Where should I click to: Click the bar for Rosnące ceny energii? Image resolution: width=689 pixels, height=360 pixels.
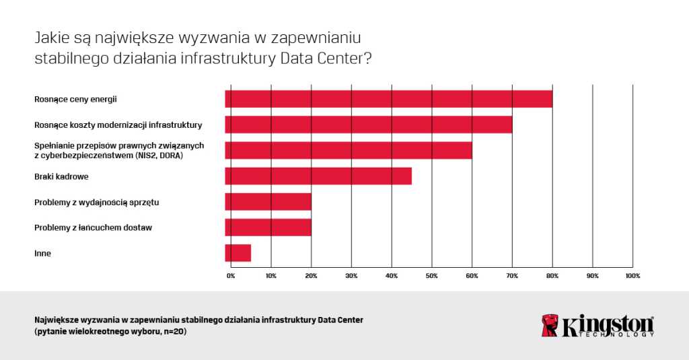point(389,99)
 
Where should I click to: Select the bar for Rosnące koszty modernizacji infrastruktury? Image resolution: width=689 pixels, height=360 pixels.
point(369,124)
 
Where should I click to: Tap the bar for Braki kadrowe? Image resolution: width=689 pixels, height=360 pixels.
point(318,176)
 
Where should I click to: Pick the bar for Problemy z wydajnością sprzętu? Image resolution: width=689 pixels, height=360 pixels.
point(268,202)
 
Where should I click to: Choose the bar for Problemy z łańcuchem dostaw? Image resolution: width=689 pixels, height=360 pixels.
point(268,227)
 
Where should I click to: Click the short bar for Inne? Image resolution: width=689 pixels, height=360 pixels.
point(238,253)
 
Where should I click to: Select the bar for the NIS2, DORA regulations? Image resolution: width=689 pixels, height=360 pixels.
point(349,150)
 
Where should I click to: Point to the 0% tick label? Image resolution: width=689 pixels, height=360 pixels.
point(231,276)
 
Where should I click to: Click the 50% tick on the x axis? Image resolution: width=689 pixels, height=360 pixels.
point(431,276)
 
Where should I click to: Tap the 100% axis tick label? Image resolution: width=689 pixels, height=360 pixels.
point(632,276)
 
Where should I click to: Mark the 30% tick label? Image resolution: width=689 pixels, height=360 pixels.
point(351,276)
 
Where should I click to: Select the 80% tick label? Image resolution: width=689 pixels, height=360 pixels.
point(552,276)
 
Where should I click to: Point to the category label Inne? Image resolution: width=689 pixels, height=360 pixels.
point(42,253)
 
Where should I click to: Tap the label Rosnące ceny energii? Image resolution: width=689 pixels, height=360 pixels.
point(75,99)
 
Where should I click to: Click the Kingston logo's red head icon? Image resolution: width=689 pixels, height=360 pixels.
point(550,325)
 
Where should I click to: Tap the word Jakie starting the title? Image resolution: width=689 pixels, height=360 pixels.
point(50,38)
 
